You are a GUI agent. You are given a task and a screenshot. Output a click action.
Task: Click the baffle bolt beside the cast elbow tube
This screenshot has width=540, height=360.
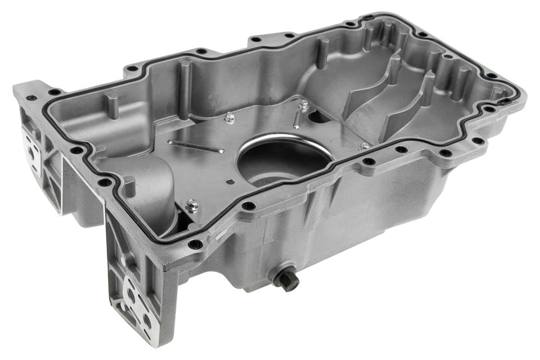tap(191, 206)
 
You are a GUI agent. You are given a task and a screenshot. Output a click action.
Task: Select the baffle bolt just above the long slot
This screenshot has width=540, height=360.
tap(229, 117)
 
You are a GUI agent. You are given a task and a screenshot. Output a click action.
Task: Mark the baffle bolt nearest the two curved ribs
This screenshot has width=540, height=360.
tap(364, 146)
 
